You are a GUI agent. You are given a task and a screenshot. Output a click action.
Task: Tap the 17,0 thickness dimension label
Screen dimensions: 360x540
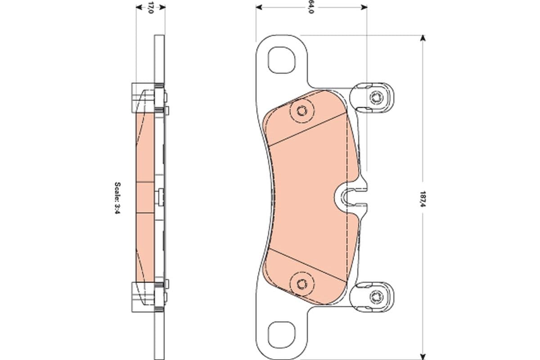pyautogui.click(x=151, y=8)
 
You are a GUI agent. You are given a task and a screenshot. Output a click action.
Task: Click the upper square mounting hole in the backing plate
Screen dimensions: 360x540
pyautogui.click(x=282, y=59)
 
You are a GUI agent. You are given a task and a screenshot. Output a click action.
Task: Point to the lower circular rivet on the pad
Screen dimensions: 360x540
pyautogui.click(x=301, y=283)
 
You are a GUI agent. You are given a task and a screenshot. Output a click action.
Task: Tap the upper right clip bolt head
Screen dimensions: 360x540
pyautogui.click(x=376, y=97)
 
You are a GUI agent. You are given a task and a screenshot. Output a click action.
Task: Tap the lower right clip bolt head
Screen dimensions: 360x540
pyautogui.click(x=376, y=296)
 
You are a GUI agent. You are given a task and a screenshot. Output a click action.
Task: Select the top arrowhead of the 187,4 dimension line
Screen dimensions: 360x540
pyautogui.click(x=422, y=38)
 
